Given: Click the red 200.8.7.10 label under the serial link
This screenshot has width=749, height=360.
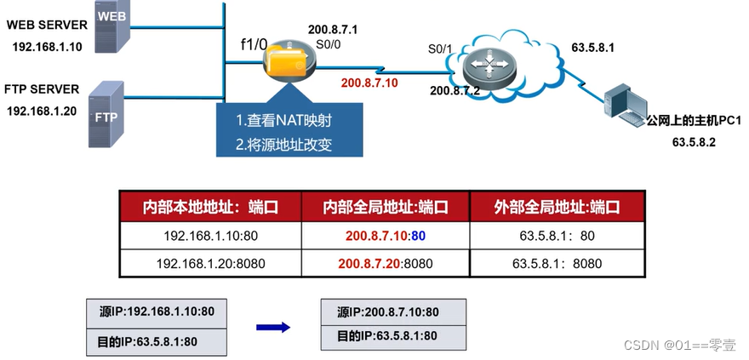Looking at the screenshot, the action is coord(369,83).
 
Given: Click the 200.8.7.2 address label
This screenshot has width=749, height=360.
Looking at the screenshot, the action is coord(456,90).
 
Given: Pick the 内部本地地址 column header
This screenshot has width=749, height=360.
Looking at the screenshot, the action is coord(210,207).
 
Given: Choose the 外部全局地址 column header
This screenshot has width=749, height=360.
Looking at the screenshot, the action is coord(557,207).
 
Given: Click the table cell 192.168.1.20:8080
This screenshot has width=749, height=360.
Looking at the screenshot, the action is coord(210,263).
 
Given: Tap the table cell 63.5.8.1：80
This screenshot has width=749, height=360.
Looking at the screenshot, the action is coord(557,235).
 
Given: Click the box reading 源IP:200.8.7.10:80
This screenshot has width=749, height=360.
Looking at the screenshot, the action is coord(393,311).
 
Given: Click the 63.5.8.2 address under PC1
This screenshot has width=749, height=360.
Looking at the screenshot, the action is coord(694,143).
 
